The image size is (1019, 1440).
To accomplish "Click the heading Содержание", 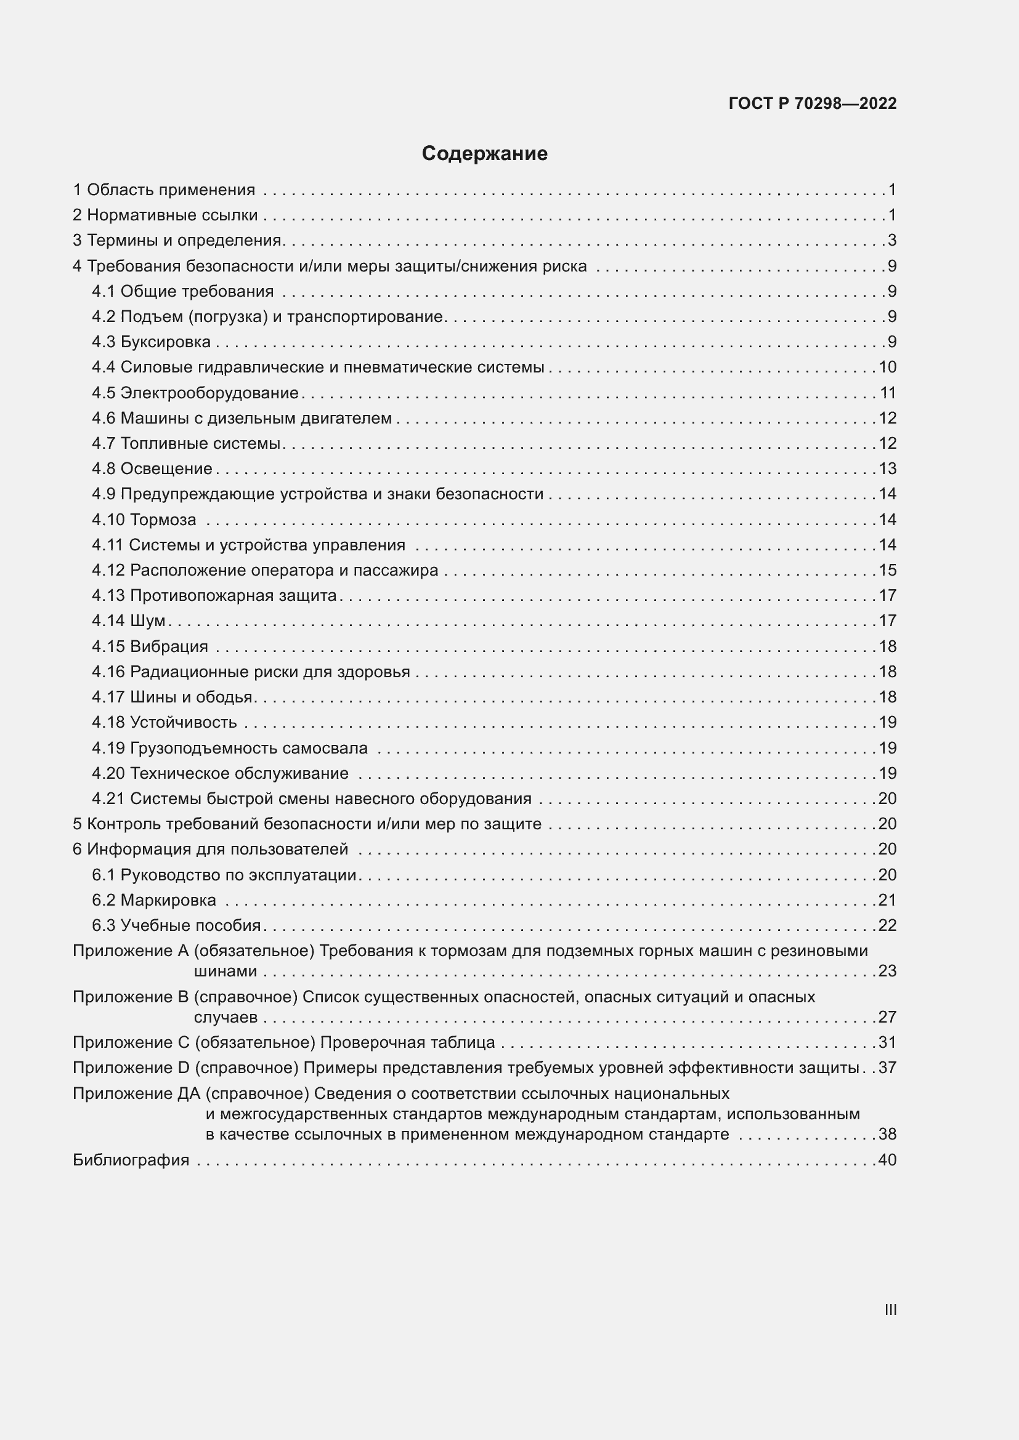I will pyautogui.click(x=484, y=154).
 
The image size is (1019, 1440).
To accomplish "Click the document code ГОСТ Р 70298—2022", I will pyautogui.click(x=813, y=103).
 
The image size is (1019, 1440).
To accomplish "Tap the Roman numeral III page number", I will pyautogui.click(x=890, y=1309).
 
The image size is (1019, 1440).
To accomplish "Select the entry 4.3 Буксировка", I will pyautogui.click(x=151, y=342).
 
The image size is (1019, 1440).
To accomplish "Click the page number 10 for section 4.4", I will pyautogui.click(x=887, y=367).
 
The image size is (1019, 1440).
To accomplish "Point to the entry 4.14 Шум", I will pyautogui.click(x=129, y=621).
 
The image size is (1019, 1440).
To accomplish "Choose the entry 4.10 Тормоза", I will pyautogui.click(x=144, y=520).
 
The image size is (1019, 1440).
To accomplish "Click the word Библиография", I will pyautogui.click(x=131, y=1160).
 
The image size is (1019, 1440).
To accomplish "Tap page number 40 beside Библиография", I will pyautogui.click(x=887, y=1160).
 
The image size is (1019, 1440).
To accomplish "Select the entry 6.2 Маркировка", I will pyautogui.click(x=154, y=900).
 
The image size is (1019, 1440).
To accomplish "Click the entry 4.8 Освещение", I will pyautogui.click(x=152, y=469).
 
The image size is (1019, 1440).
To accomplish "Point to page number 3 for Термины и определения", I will pyautogui.click(x=892, y=240).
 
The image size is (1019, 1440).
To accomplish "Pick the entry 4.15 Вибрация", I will pyautogui.click(x=150, y=646).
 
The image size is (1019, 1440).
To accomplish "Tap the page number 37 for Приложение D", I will pyautogui.click(x=887, y=1068).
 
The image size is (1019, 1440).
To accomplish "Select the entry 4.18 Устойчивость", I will pyautogui.click(x=164, y=722).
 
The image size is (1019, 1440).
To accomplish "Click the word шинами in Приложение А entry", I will pyautogui.click(x=225, y=971).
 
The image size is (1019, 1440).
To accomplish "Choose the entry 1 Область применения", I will pyautogui.click(x=164, y=190).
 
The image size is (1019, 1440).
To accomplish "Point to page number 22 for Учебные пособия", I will pyautogui.click(x=887, y=925).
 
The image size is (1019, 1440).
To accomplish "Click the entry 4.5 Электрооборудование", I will pyautogui.click(x=195, y=393).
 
